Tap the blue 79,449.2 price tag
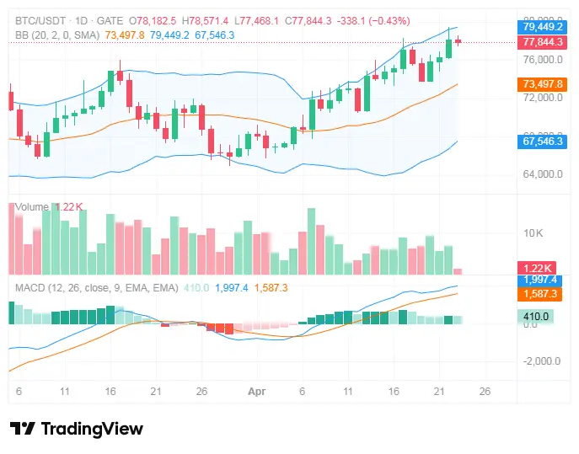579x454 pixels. pyautogui.click(x=543, y=26)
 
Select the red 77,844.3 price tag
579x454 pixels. pyautogui.click(x=543, y=41)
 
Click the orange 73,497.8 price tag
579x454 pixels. pyautogui.click(x=543, y=84)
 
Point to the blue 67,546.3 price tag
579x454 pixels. pyautogui.click(x=543, y=142)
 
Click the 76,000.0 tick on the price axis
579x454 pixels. pyautogui.click(x=543, y=60)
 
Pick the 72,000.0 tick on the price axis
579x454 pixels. pyautogui.click(x=543, y=98)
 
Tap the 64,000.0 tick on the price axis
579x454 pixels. pyautogui.click(x=543, y=174)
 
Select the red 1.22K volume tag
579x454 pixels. pyautogui.click(x=537, y=268)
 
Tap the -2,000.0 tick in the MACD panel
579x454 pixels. pyautogui.click(x=543, y=361)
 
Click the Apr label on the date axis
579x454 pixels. pyautogui.click(x=256, y=392)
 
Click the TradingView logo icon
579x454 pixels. pyautogui.click(x=22, y=429)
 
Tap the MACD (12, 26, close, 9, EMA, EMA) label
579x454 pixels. pyautogui.click(x=97, y=287)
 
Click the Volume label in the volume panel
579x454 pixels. pyautogui.click(x=32, y=206)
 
